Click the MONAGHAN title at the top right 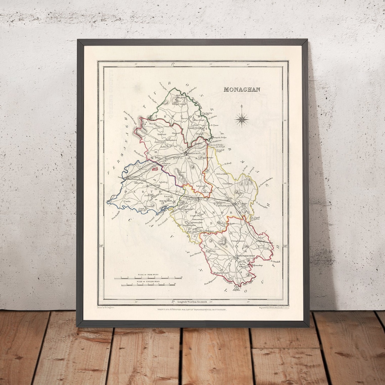(242, 89)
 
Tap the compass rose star (242, 119)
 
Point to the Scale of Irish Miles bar (148, 278)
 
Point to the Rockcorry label (165, 201)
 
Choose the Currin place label (127, 201)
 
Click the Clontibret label (227, 184)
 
